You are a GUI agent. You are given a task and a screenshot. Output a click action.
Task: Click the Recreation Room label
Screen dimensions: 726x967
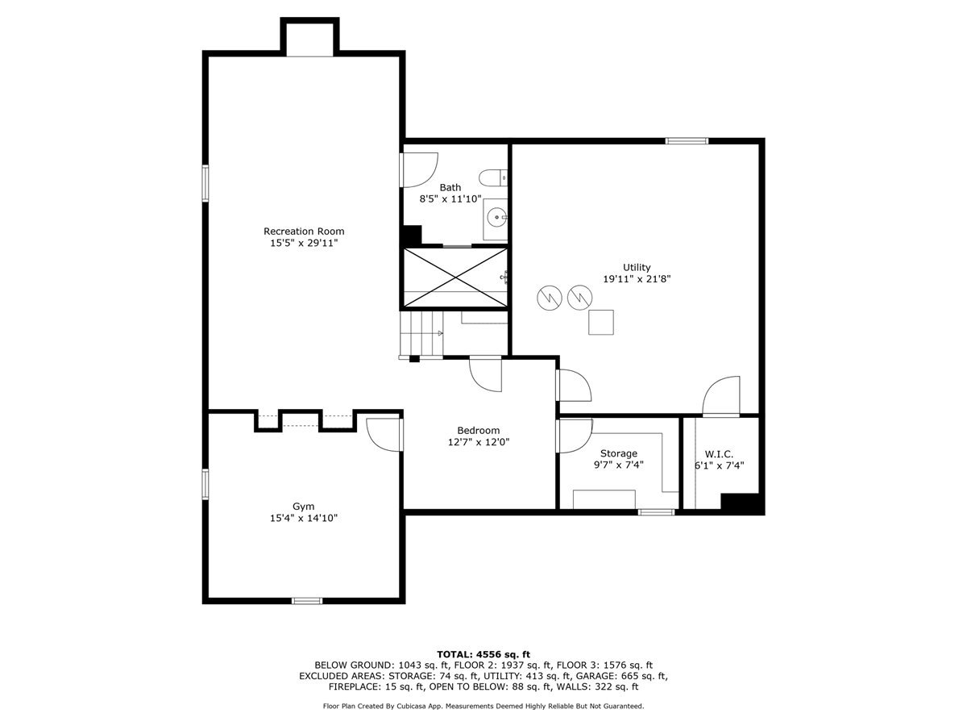coord(304,232)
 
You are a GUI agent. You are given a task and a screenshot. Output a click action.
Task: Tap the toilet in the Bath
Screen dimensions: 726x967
coord(493,177)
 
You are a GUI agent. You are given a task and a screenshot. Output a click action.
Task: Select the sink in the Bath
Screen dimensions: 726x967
coord(496,216)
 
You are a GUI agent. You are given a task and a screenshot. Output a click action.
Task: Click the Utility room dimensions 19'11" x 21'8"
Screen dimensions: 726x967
coord(637,279)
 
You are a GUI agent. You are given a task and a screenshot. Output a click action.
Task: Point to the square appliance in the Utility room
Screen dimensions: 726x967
coord(600,322)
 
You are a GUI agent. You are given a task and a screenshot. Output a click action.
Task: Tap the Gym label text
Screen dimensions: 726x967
coord(303,507)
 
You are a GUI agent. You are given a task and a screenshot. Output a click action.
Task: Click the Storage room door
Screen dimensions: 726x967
coord(572,436)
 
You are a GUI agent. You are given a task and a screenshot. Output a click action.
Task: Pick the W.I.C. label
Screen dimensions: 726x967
coord(719,454)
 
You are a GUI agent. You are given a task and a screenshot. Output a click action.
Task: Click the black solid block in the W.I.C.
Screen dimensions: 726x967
coord(741,503)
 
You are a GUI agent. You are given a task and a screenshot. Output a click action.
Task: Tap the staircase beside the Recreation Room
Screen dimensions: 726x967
coord(421,333)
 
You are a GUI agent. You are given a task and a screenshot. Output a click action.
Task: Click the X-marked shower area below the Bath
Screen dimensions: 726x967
coord(455,277)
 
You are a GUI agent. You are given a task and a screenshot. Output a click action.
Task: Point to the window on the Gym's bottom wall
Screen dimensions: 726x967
coord(306,600)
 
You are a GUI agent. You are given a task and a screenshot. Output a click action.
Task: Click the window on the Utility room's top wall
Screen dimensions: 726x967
coord(687,141)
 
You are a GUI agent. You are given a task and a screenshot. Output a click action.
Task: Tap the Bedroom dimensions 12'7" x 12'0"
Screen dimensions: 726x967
coord(479,442)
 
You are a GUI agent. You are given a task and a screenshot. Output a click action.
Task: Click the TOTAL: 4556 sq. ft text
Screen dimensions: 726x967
coord(483,654)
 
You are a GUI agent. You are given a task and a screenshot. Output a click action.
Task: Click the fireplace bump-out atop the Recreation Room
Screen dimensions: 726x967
coord(309,37)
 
